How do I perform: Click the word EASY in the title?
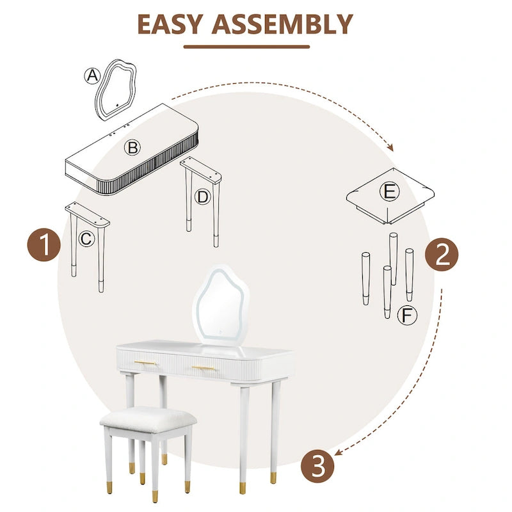170,24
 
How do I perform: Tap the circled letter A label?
93,76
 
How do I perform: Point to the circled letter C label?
87,239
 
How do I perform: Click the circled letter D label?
202,197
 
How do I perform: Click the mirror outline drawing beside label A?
122,88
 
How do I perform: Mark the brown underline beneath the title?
246,46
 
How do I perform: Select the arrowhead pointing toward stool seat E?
390,148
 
